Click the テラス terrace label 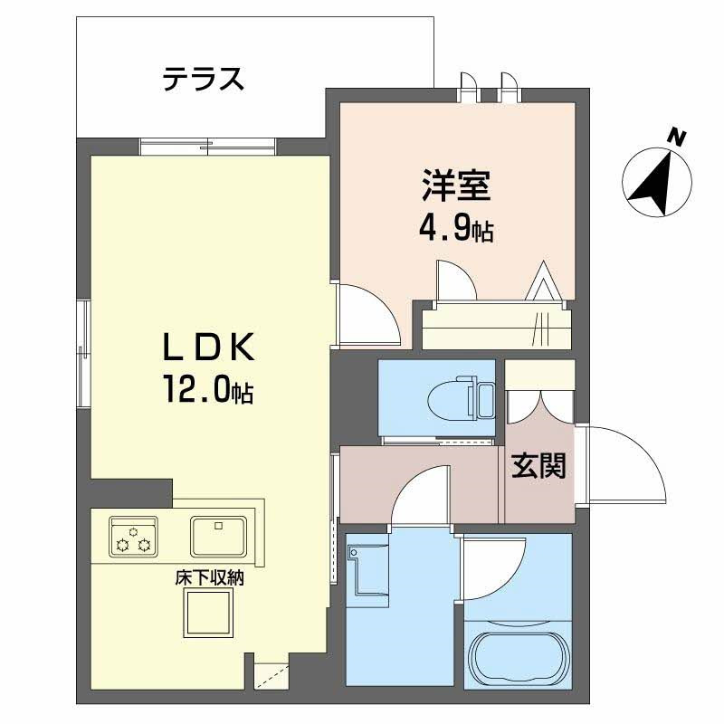(204, 80)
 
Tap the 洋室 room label (456, 186)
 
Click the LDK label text (211, 348)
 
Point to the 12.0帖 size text (208, 391)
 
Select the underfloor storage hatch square (210, 617)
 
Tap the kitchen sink (218, 536)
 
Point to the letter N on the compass (676, 137)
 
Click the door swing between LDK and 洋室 (367, 313)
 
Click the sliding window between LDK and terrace (208, 147)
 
